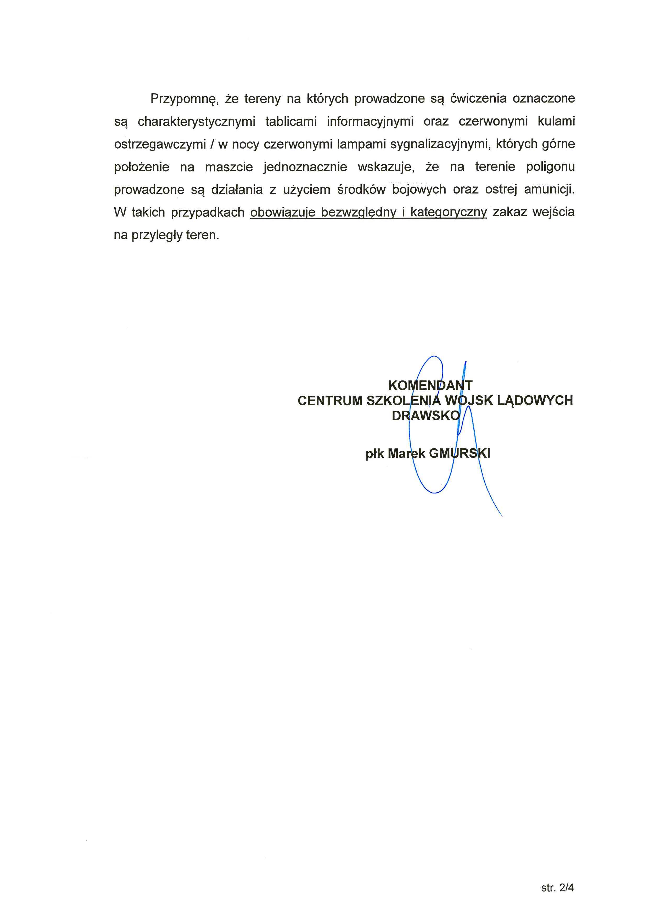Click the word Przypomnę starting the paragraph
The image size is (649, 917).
tap(183, 99)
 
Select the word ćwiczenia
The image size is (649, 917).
tap(478, 98)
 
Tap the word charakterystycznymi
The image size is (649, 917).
tap(196, 121)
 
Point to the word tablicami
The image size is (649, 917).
tap(291, 121)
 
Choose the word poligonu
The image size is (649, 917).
tap(550, 167)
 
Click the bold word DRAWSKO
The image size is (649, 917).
tap(426, 416)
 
